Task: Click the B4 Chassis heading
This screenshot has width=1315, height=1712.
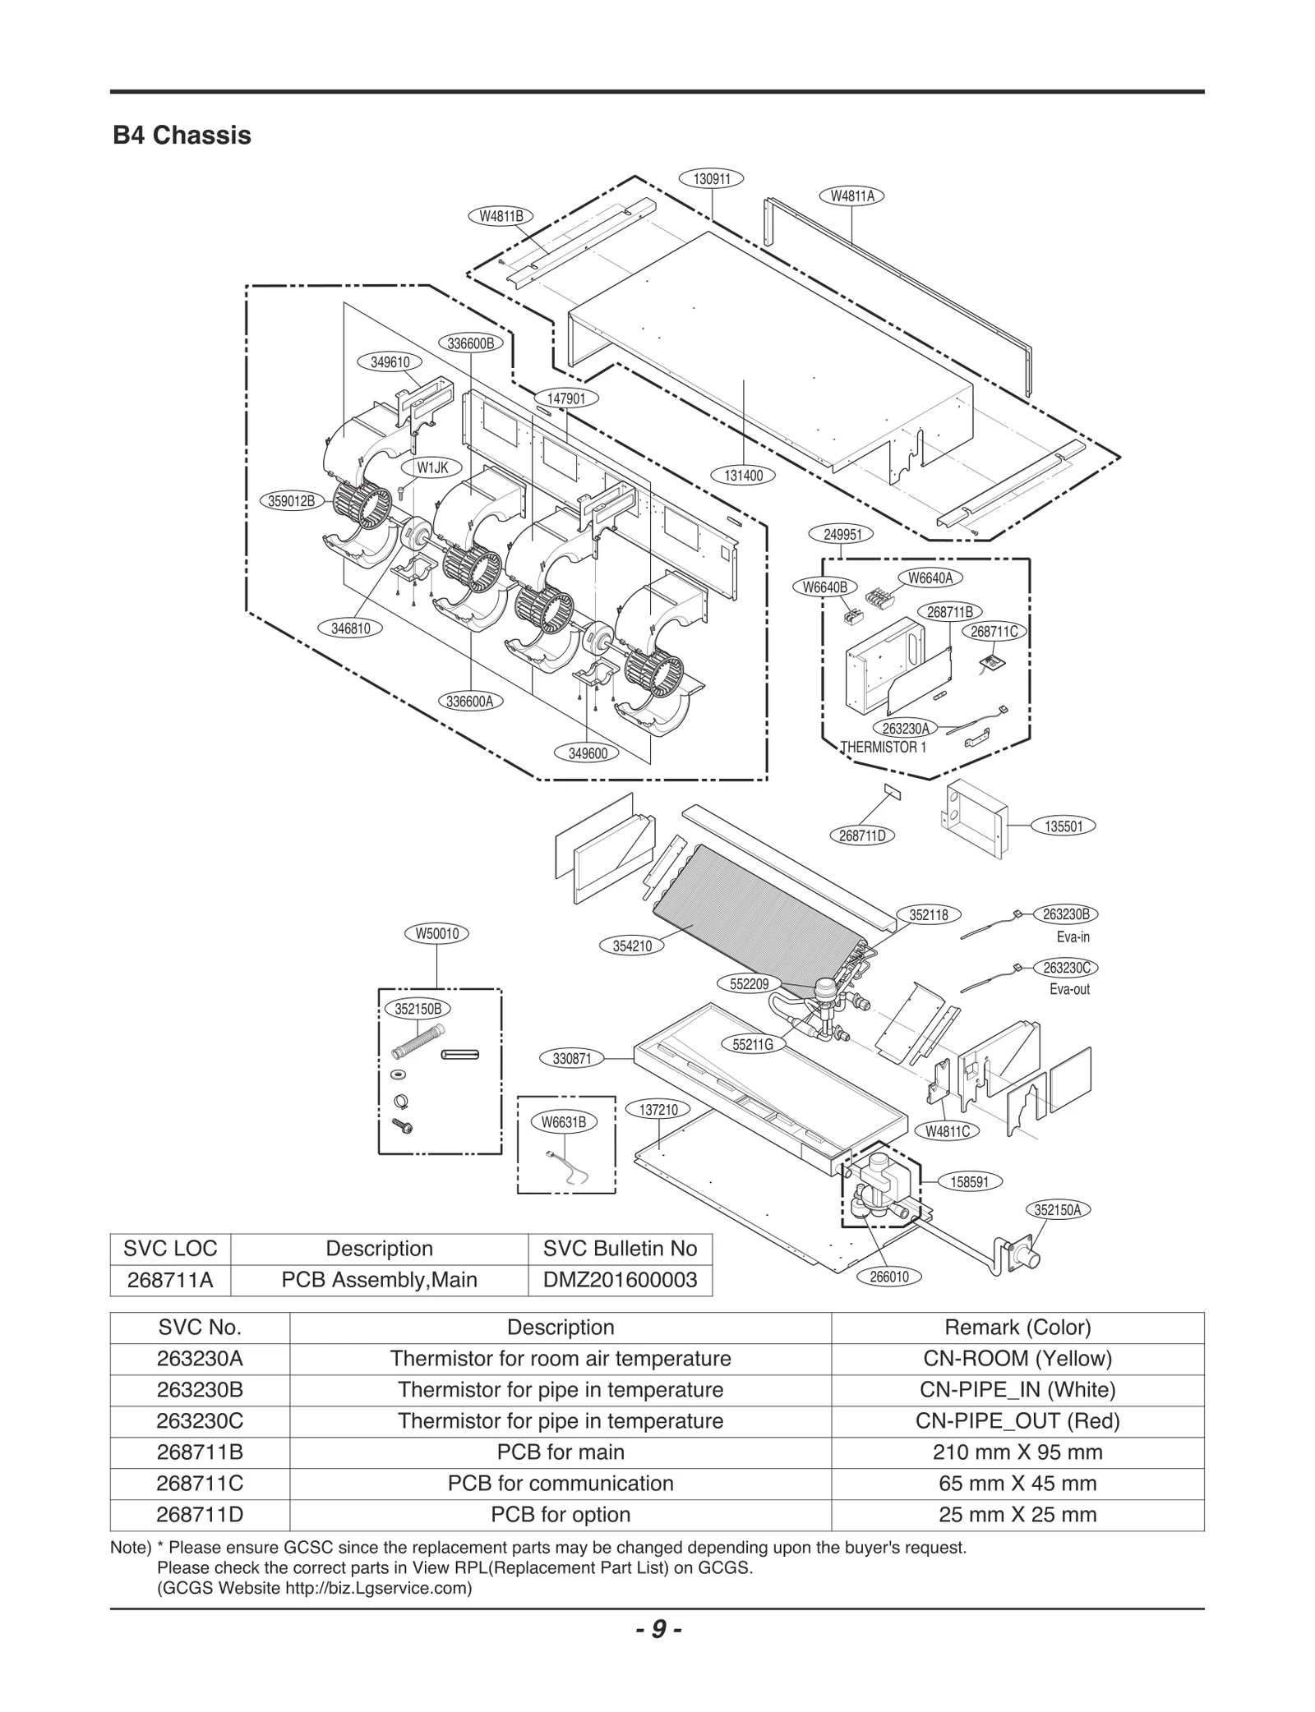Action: tap(182, 135)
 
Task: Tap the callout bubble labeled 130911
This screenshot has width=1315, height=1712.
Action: tap(712, 178)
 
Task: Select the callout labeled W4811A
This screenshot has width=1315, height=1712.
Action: tap(852, 196)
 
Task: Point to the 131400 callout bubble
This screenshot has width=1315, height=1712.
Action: tap(743, 475)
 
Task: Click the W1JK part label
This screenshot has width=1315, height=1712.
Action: tap(432, 467)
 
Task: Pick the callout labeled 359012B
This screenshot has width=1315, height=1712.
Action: tap(293, 500)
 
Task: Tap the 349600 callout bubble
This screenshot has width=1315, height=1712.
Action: tap(588, 752)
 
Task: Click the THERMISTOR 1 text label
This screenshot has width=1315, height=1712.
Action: tap(883, 748)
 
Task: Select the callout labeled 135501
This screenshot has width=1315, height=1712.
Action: tap(1064, 826)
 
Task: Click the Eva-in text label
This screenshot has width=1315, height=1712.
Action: tap(1073, 937)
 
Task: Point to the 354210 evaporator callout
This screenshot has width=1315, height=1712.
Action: tap(632, 946)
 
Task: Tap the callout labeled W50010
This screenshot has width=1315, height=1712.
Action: tap(436, 933)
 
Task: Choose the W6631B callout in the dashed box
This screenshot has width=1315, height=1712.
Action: tap(564, 1121)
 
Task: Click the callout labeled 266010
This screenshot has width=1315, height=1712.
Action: tap(889, 1277)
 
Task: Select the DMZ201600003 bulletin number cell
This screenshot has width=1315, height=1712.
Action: tap(620, 1280)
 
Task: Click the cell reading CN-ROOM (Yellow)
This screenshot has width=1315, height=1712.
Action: tap(1017, 1358)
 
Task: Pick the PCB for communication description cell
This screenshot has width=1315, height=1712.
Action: tap(560, 1483)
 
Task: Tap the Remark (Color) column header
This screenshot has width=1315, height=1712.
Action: tap(1017, 1327)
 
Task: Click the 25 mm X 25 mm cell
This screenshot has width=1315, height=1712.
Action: tap(1017, 1514)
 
